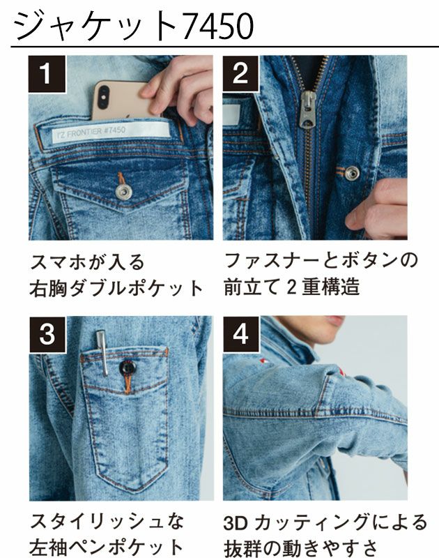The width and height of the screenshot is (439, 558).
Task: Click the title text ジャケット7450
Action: tap(132, 26)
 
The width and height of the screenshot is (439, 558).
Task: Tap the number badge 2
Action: tap(240, 73)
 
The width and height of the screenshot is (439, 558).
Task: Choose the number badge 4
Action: tap(240, 334)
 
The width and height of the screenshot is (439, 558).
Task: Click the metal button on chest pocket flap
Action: tap(123, 190)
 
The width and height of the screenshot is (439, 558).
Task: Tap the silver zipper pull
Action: tap(307, 112)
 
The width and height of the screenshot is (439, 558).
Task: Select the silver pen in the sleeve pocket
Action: tap(102, 352)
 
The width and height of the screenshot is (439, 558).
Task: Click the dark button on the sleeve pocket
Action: tap(127, 368)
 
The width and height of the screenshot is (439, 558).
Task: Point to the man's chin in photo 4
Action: tap(333, 323)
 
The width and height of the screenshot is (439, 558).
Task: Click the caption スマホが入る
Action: tap(88, 262)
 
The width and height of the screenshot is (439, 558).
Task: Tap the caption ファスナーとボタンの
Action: tap(321, 261)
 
